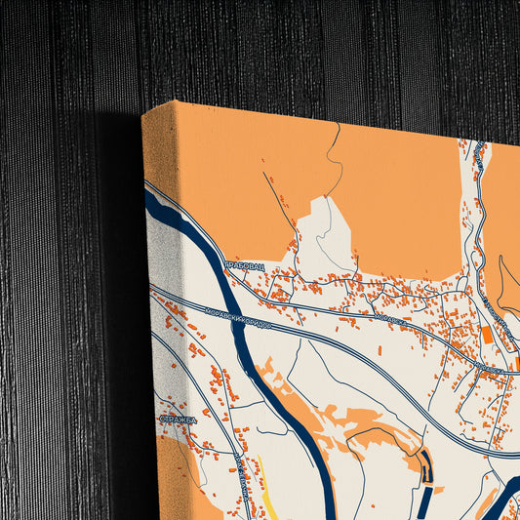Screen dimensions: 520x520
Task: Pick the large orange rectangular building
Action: click(x=486, y=335)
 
